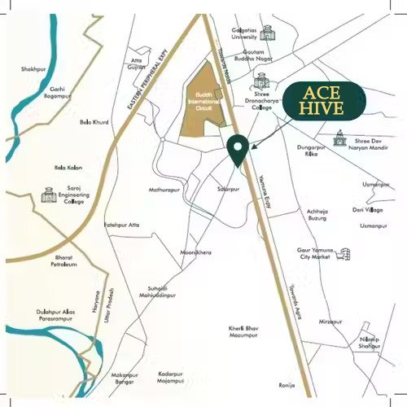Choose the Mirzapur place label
[x=330, y=322]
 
